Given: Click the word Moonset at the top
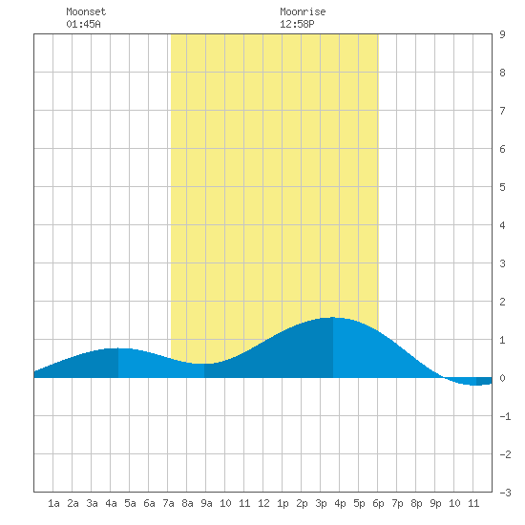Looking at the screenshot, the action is click(86, 11).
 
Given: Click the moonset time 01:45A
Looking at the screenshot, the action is click(83, 24).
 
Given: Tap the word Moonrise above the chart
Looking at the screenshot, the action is click(303, 11).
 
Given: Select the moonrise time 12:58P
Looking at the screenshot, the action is click(297, 24).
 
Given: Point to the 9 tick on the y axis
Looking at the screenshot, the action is click(502, 34).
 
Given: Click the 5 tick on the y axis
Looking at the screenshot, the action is click(502, 187).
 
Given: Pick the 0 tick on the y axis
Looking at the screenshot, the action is click(502, 378).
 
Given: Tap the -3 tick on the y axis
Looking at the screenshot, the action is click(505, 493).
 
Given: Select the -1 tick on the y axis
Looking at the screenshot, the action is click(505, 416).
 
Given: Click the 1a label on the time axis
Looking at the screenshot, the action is click(53, 503).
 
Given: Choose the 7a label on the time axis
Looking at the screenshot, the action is click(168, 503).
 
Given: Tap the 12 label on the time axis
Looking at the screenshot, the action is click(263, 503).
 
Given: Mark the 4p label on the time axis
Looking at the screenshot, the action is click(340, 503).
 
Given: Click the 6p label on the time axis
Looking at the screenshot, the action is click(378, 503).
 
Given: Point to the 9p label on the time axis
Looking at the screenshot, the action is click(435, 503).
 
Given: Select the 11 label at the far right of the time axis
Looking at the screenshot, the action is click(473, 503).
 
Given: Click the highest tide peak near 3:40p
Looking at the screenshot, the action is click(333, 318).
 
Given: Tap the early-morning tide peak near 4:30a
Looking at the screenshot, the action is click(118, 348).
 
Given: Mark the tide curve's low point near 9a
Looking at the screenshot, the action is click(204, 364).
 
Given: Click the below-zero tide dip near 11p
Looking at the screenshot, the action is click(476, 385).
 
